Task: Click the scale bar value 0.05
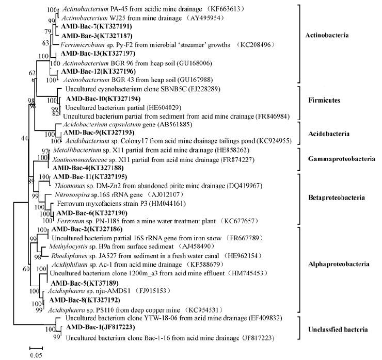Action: pyautogui.click(x=36, y=355)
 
